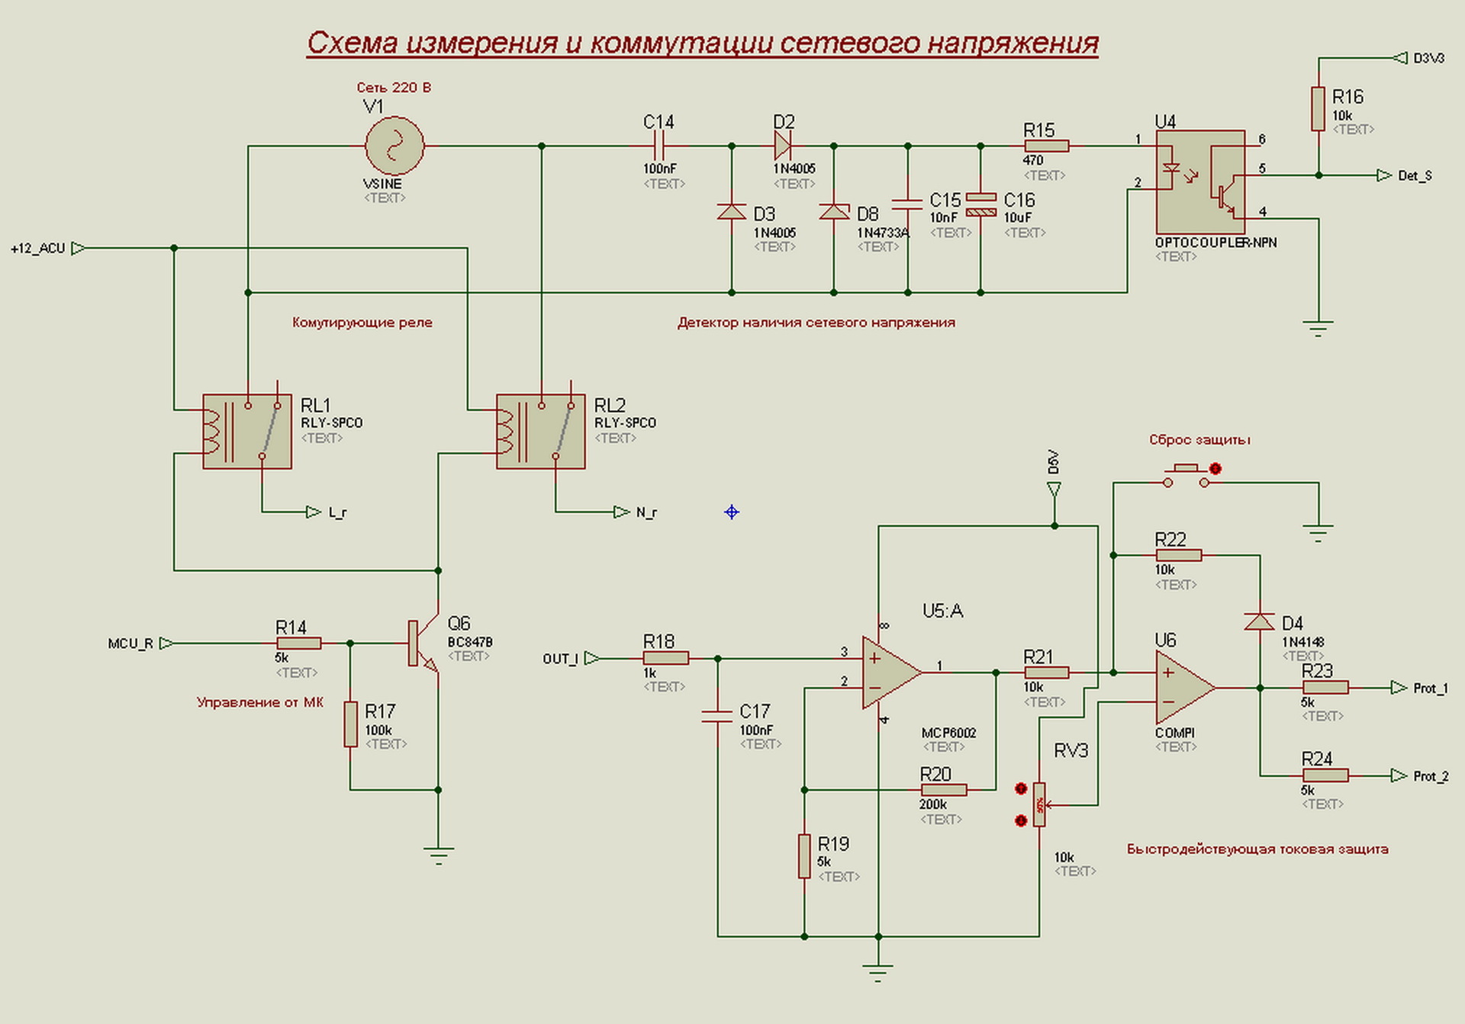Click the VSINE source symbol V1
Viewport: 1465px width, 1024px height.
[x=394, y=146]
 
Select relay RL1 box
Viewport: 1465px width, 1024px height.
[x=246, y=432]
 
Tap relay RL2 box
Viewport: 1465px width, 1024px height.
[x=540, y=432]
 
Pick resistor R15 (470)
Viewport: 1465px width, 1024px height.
[x=1046, y=146]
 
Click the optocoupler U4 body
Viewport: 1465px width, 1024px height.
[x=1200, y=181]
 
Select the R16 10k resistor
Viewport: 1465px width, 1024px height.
[x=1318, y=109]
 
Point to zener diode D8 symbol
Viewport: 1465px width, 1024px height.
[x=834, y=211]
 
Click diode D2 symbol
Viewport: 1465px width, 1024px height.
[x=782, y=144]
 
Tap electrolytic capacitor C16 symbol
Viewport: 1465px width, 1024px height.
[x=980, y=205]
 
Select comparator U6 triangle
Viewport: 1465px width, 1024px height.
[x=1183, y=688]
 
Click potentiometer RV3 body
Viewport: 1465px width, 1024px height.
[x=1039, y=804]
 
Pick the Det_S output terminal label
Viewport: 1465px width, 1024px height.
[x=1414, y=176]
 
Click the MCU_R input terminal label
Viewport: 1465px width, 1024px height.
[x=130, y=644]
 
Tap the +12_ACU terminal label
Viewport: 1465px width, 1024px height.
[x=38, y=249]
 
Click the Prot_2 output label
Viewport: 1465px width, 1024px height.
[x=1430, y=776]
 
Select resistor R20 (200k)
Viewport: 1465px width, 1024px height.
[x=943, y=790]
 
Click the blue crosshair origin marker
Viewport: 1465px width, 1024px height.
[x=731, y=512]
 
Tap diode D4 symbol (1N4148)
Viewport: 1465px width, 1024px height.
[x=1259, y=621]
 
